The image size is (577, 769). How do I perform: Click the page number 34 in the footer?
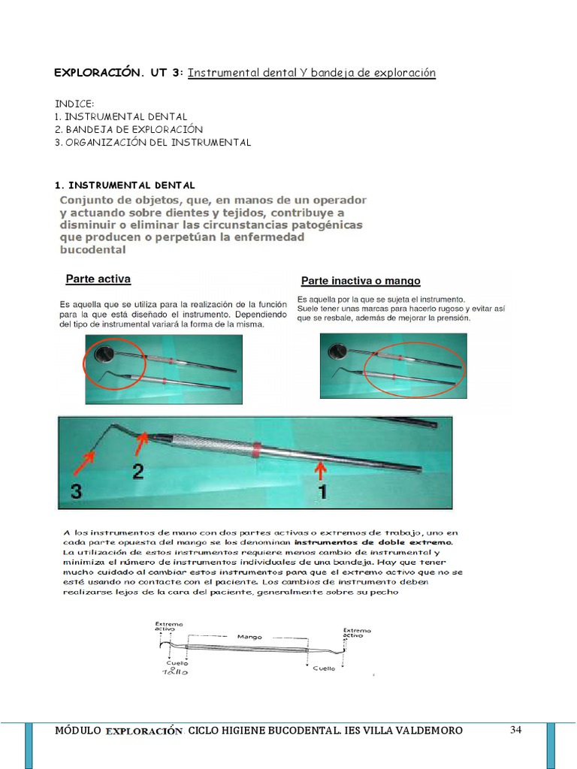tap(515, 729)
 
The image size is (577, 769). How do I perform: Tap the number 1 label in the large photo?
tap(322, 493)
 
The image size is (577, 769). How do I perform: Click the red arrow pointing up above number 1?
tap(321, 470)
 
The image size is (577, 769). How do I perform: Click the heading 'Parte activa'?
tap(98, 279)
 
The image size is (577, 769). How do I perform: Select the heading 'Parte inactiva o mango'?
tap(361, 281)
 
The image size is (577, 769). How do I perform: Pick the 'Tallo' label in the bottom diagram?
tap(176, 672)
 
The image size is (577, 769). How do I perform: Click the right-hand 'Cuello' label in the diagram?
tap(325, 668)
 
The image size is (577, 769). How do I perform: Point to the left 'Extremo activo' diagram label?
tap(169, 627)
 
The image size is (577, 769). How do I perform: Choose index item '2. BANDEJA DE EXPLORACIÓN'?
tap(129, 129)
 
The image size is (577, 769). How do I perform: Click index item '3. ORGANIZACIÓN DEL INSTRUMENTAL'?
tap(153, 142)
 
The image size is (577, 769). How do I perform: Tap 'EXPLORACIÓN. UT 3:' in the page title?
tap(118, 73)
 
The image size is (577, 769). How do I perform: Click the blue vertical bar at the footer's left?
tap(29, 745)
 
